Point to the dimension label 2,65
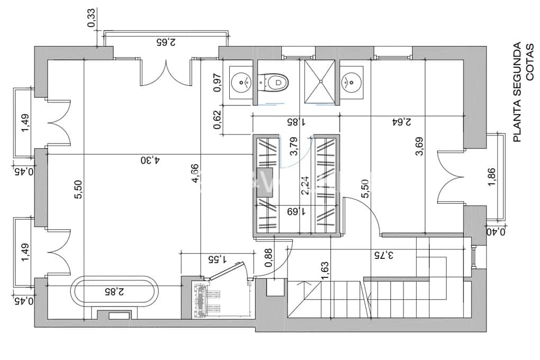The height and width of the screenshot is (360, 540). pos(167,40)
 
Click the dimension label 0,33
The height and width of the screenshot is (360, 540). pos(91,19)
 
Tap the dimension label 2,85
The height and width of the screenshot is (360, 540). pos(114,291)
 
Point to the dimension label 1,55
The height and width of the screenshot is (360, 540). pos(217,259)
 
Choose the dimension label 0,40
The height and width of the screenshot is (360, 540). pos(496,231)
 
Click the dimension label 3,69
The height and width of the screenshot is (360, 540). pos(419,147)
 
